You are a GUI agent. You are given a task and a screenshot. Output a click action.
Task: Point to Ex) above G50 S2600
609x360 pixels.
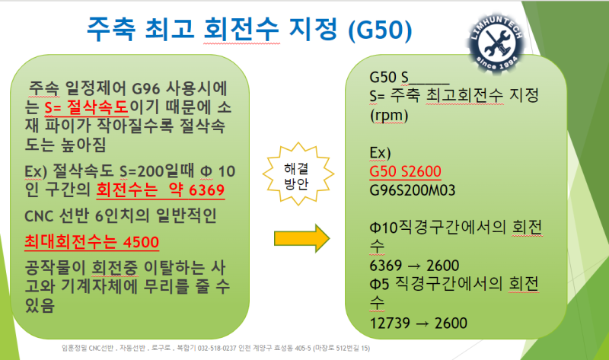click(x=380, y=153)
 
